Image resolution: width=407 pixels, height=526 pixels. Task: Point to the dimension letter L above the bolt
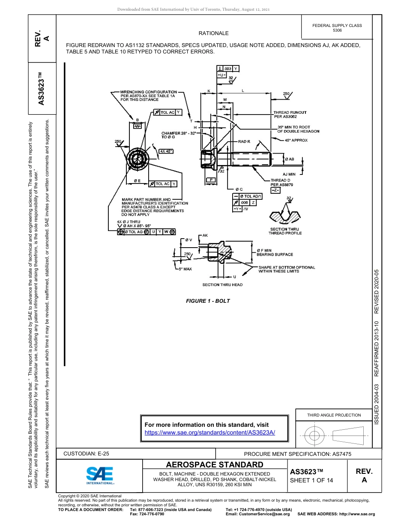coord(243,91)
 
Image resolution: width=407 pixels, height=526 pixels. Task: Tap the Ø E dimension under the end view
coord(137,181)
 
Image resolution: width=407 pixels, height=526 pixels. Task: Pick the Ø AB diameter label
coord(290,159)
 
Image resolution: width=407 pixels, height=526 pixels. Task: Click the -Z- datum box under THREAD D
coord(275,189)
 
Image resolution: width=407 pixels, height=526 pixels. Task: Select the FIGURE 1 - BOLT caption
coord(208,301)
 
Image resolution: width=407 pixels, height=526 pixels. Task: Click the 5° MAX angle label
coord(185,269)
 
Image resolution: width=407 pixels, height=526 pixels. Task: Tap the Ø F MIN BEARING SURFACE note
coord(275,252)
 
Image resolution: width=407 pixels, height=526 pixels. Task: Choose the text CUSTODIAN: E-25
coord(89,454)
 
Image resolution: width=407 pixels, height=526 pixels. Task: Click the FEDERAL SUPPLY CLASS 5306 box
coord(337,28)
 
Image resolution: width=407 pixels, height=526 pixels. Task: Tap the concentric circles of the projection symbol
coord(315,436)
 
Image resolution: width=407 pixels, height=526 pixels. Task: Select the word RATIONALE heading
coord(213,33)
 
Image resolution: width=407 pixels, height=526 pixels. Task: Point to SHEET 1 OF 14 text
coord(311,480)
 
